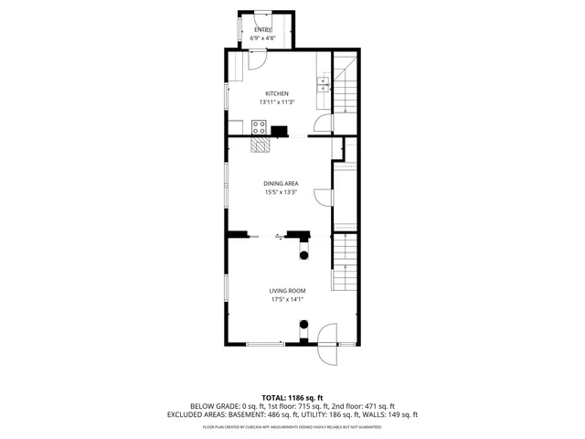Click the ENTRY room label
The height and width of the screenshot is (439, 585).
click(x=263, y=30)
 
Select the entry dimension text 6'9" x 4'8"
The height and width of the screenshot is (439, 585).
click(x=263, y=38)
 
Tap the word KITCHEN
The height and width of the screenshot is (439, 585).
click(x=277, y=93)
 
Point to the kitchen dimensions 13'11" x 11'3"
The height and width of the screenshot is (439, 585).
click(x=277, y=102)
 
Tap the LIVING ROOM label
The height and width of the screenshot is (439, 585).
click(x=286, y=291)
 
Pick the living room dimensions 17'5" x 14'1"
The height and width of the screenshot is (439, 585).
click(x=286, y=299)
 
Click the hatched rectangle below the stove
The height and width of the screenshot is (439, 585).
click(x=261, y=144)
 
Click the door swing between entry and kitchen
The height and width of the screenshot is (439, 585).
click(x=257, y=59)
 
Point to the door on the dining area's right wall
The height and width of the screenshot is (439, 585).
click(x=323, y=197)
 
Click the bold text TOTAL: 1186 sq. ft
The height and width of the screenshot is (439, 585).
click(x=292, y=398)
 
